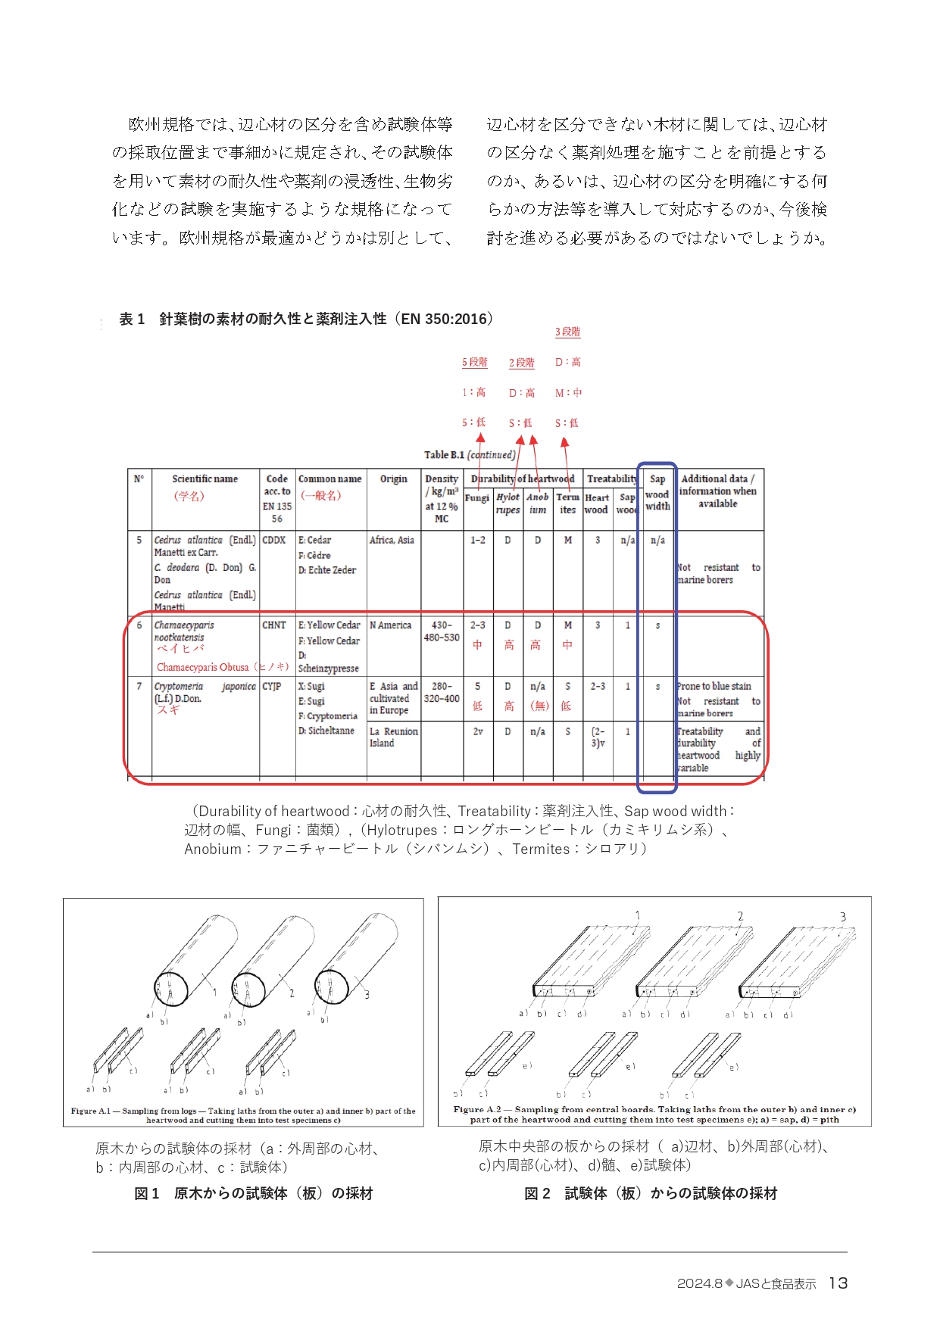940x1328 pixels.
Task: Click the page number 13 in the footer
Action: coord(838,1283)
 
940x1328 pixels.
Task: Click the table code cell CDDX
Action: coord(274,540)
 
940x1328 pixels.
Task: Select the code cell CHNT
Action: coord(274,625)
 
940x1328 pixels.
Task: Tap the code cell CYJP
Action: coord(272,686)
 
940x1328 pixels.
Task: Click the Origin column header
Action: coord(393,479)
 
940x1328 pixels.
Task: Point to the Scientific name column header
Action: coord(205,479)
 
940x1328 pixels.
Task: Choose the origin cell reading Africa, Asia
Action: coord(392,540)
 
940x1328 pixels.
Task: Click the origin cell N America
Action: coord(390,625)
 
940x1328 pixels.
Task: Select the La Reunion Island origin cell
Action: coord(393,737)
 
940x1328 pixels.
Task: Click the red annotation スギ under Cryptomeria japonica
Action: coord(168,710)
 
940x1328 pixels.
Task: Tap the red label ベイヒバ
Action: coord(180,649)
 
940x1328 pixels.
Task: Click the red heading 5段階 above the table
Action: coord(475,362)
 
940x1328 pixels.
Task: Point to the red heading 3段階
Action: coord(567,332)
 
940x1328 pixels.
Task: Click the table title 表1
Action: coord(132,319)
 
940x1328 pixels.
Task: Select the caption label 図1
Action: coord(147,1193)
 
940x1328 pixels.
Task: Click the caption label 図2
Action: coord(537,1193)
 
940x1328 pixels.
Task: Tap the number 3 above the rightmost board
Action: coord(842,917)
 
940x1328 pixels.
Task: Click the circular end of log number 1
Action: coord(170,988)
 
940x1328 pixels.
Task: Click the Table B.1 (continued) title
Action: coord(470,454)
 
